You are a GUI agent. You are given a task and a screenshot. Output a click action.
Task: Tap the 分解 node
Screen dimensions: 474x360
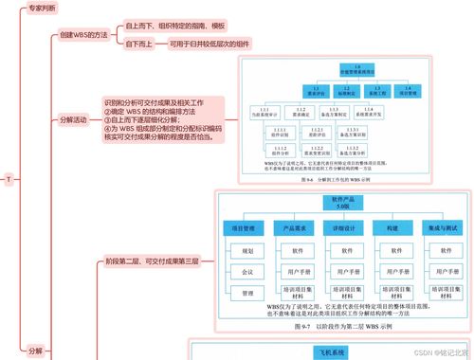click(x=36, y=350)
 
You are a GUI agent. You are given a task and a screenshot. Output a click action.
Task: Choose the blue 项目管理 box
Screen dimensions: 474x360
click(x=245, y=228)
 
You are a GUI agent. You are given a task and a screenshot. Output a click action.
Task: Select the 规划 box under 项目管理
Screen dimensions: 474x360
click(x=246, y=251)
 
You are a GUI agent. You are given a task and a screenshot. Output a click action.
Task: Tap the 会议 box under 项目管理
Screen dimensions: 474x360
click(x=246, y=272)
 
